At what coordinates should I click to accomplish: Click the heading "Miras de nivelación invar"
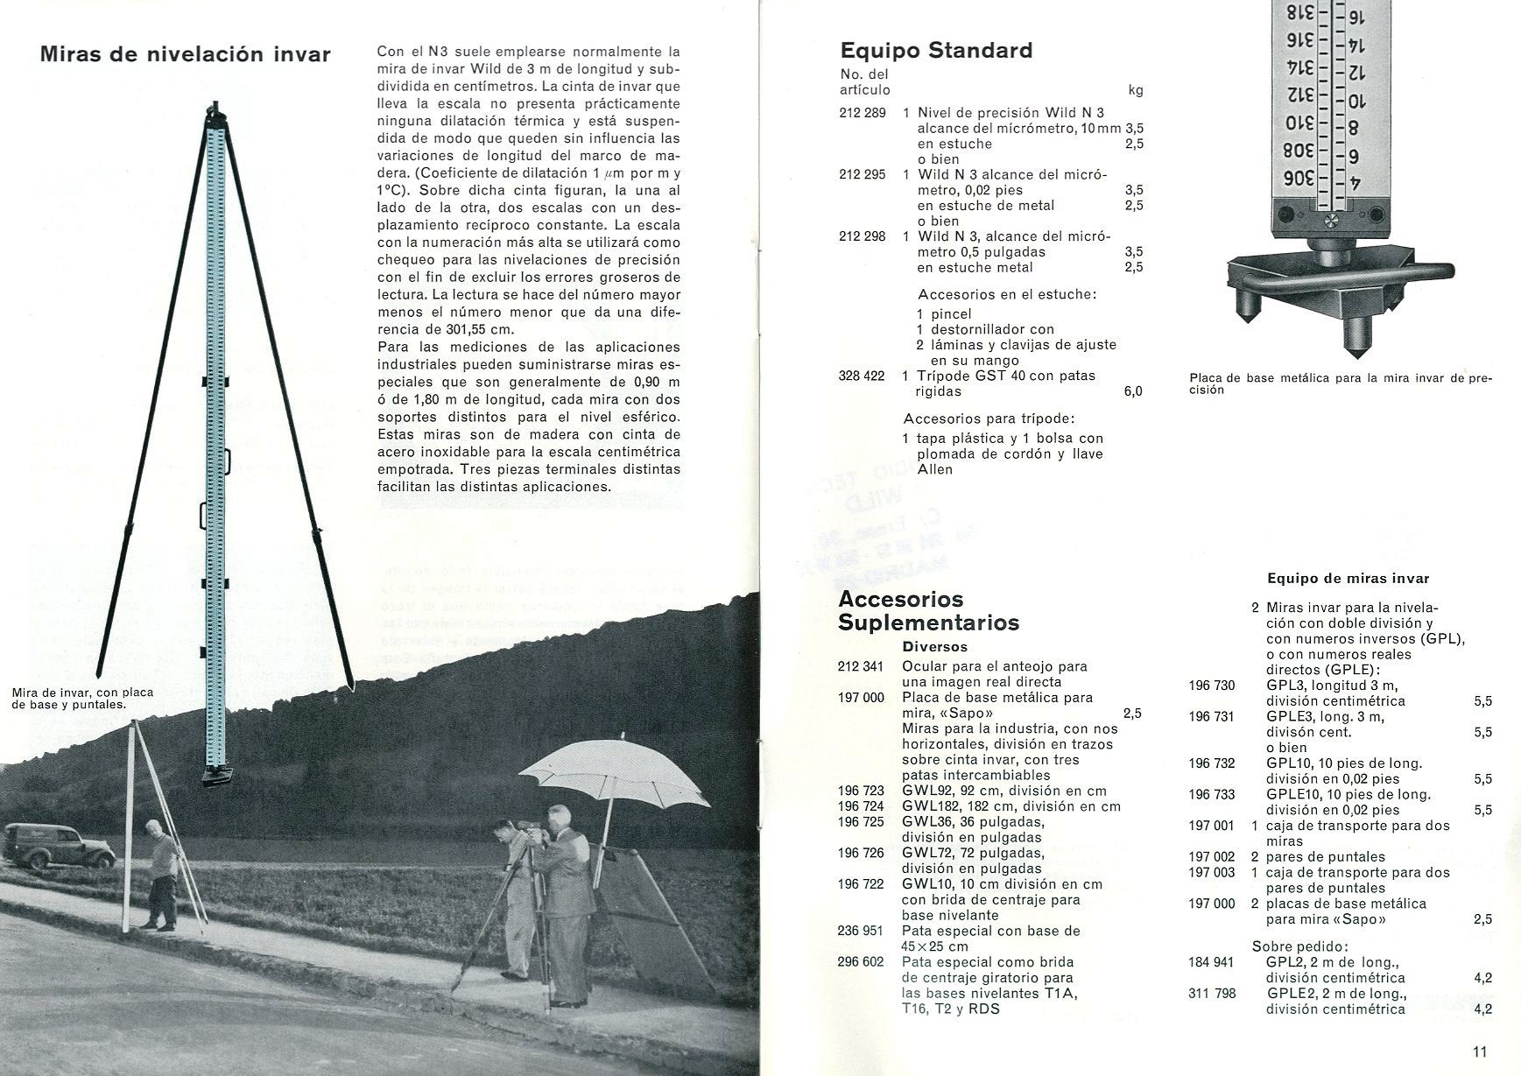click(x=185, y=54)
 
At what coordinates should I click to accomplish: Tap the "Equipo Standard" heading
click(x=936, y=50)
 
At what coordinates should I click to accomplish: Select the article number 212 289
click(x=862, y=113)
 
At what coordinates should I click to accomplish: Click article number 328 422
click(x=862, y=376)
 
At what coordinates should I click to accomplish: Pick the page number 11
click(x=1479, y=1052)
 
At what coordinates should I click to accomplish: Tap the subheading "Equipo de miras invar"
click(x=1348, y=579)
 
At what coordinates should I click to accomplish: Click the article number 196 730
click(x=1211, y=686)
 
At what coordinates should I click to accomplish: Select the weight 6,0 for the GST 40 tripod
click(x=1132, y=392)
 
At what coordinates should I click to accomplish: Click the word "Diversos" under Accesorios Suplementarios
click(x=934, y=647)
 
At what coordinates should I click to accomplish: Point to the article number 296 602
click(x=860, y=962)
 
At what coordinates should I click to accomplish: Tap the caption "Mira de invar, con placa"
click(x=83, y=693)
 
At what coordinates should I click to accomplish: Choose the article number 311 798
click(x=1211, y=994)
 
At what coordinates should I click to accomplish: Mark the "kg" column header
click(x=1136, y=90)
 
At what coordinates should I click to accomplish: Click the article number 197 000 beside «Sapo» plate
click(x=860, y=698)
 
